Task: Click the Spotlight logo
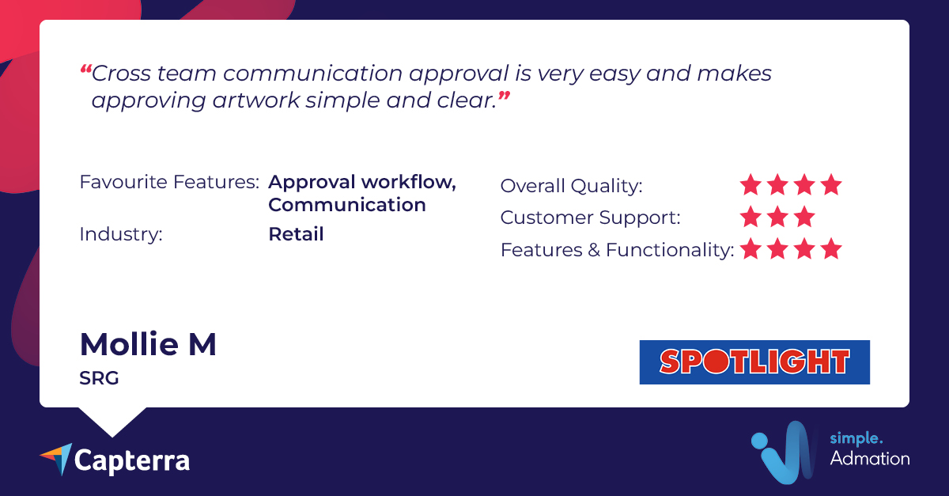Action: [754, 362]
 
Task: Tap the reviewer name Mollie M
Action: [148, 344]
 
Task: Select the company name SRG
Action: [99, 378]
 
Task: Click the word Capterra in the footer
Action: [132, 461]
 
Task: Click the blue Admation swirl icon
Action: [784, 452]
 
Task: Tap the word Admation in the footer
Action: [870, 459]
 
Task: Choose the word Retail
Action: [296, 234]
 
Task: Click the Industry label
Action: [121, 234]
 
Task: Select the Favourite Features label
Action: [169, 182]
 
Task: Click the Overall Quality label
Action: [572, 186]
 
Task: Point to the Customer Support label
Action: [591, 218]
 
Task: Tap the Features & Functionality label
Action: [618, 250]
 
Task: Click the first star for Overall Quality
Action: [751, 185]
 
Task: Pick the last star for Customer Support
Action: [804, 217]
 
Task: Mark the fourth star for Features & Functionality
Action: [831, 248]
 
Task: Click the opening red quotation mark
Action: [86, 69]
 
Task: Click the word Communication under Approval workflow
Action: [347, 205]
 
